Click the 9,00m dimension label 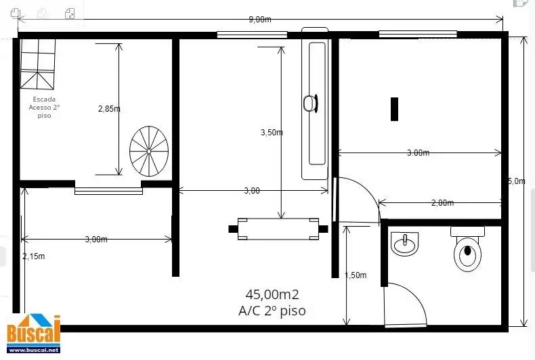point(260,20)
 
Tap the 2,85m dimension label point(109,109)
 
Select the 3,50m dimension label point(272,132)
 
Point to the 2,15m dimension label point(34,256)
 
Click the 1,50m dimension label point(356,275)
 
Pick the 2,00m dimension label point(442,203)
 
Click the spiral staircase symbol point(149,151)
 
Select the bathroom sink point(405,244)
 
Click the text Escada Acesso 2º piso point(44,108)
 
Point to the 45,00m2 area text point(272,294)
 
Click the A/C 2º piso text point(272,311)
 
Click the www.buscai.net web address point(34,350)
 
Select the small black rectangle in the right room point(394,109)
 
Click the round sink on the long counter point(310,103)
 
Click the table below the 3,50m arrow point(278,229)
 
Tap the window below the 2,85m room point(108,192)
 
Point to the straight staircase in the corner point(37,64)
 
